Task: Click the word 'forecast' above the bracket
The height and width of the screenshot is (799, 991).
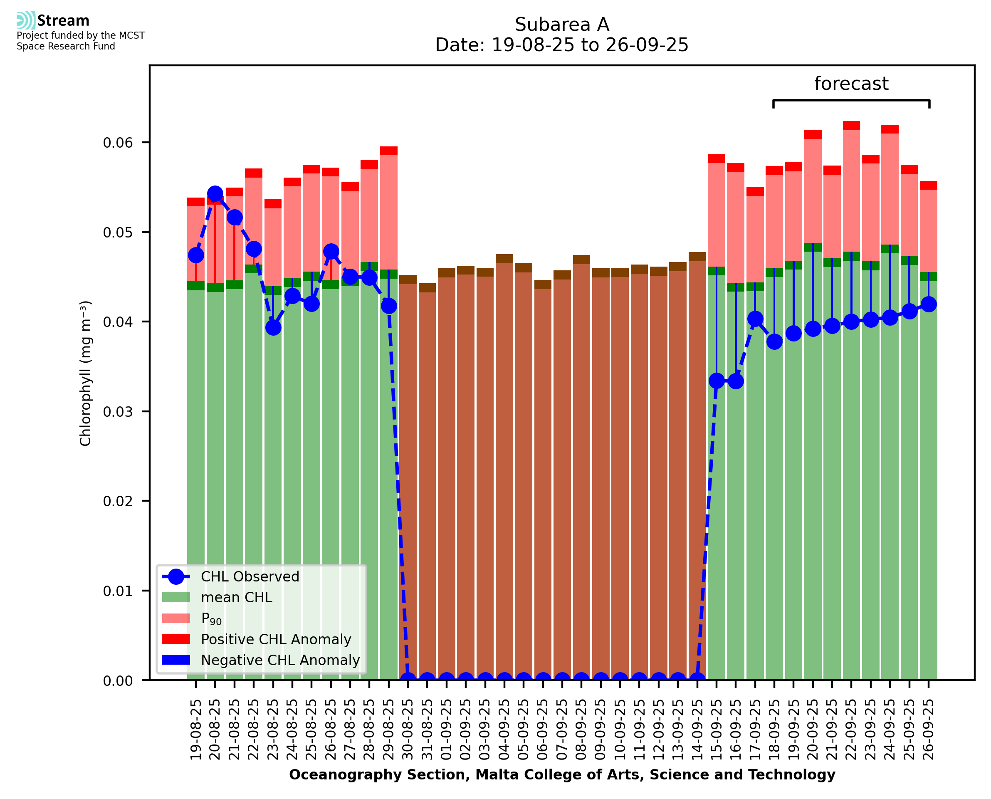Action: click(851, 84)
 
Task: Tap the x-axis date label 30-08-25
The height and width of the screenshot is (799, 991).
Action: click(408, 730)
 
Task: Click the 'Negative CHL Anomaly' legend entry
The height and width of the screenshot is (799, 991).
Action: click(280, 660)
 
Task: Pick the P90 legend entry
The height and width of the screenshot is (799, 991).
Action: click(211, 618)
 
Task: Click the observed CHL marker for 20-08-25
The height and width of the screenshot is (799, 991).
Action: click(215, 194)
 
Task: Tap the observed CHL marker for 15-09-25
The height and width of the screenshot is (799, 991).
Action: click(717, 381)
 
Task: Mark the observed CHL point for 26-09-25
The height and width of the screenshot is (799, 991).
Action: click(929, 304)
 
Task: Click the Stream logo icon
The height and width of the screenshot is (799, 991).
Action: click(26, 20)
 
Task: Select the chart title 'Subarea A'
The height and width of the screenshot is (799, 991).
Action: click(562, 25)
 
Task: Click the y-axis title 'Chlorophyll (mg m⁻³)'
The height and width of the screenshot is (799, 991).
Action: click(86, 373)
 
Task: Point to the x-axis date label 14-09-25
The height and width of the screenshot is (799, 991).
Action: click(697, 730)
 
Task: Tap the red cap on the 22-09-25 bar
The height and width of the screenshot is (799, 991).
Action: click(851, 126)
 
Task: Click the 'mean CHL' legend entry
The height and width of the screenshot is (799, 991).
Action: click(236, 597)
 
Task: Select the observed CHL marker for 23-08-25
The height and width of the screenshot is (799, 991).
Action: click(273, 328)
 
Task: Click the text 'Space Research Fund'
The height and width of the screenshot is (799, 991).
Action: click(66, 47)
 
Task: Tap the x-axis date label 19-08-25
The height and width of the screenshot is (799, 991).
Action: click(195, 730)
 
